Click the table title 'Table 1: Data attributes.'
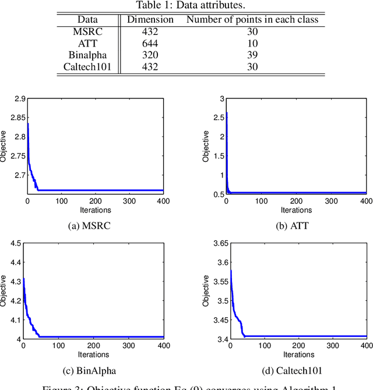pos(186,6)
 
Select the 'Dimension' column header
pos(150,19)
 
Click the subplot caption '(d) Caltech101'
pos(296,369)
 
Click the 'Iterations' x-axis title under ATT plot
pos(296,210)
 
